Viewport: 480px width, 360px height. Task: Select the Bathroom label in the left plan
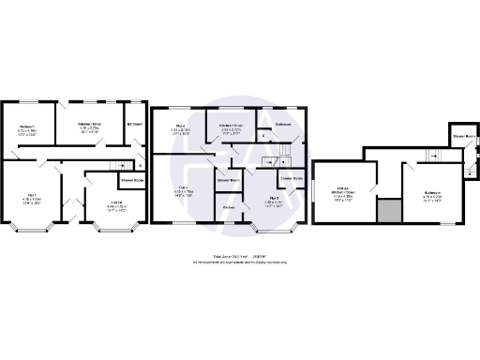(x=135, y=125)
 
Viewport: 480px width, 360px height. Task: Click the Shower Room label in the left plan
(x=132, y=178)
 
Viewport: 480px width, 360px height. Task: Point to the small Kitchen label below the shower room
(x=228, y=206)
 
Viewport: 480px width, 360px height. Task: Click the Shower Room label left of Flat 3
(x=228, y=179)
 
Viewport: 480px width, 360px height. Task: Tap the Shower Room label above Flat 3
(x=290, y=177)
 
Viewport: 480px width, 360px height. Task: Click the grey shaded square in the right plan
(x=384, y=211)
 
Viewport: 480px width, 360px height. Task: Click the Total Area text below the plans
(x=239, y=255)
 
